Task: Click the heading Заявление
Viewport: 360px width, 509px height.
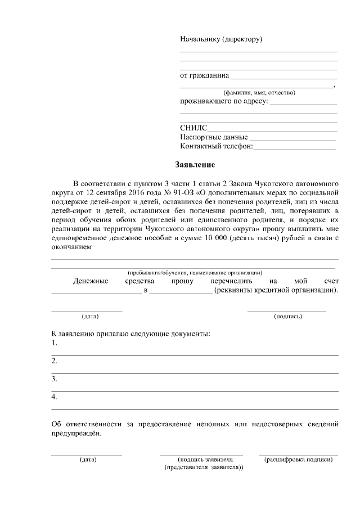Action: click(193, 165)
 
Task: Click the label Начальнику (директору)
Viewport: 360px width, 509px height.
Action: click(221, 39)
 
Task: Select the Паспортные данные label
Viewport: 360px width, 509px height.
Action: click(214, 137)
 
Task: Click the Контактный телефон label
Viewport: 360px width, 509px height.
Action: click(217, 147)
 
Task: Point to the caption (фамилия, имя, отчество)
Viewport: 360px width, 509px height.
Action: click(259, 92)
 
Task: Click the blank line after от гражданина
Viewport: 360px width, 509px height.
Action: click(283, 76)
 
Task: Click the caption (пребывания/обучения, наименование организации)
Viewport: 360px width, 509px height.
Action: click(195, 273)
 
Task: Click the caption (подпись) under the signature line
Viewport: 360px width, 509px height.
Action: click(287, 316)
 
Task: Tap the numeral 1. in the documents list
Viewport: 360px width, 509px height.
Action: click(55, 343)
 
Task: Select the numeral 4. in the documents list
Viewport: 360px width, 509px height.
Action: click(55, 397)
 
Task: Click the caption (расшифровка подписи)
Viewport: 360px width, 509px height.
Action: click(298, 460)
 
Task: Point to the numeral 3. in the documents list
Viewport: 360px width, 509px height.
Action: click(55, 379)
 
